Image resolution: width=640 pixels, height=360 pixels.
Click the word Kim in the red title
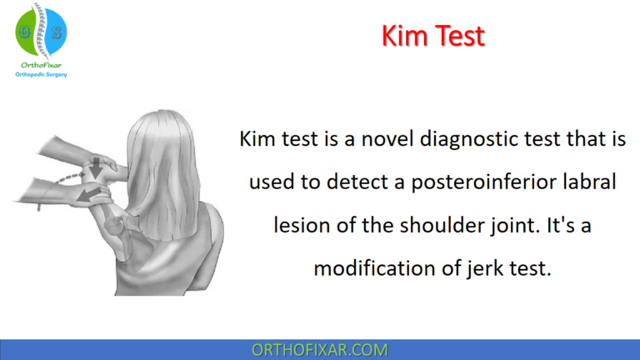coord(402,36)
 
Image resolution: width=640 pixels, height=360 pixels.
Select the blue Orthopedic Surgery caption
coord(41,74)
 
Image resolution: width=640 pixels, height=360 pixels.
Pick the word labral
coord(589,182)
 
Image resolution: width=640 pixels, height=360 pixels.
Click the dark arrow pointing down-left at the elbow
coord(90,194)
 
